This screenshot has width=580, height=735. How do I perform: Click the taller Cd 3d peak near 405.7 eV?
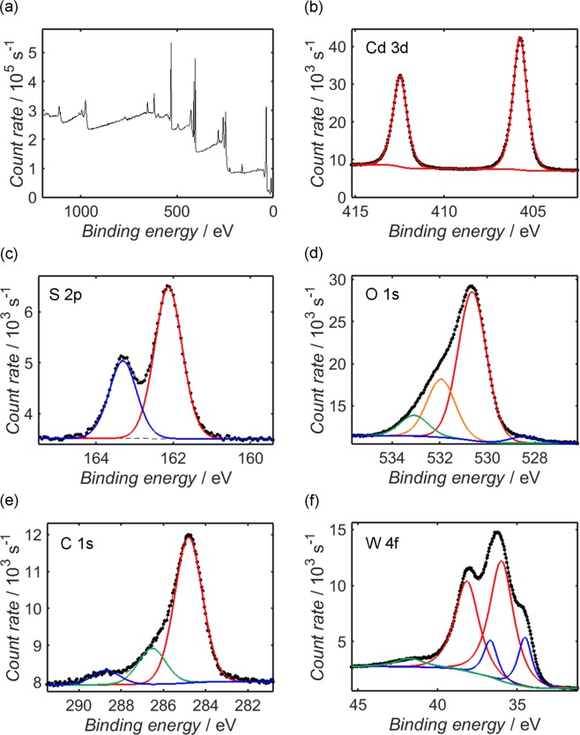[x=520, y=39]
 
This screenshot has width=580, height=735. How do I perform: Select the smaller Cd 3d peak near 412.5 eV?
[x=400, y=76]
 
